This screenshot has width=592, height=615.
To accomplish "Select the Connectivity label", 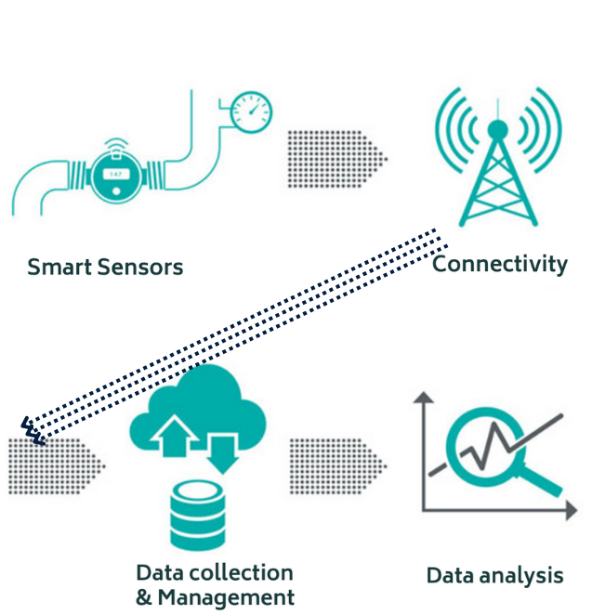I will pyautogui.click(x=499, y=265).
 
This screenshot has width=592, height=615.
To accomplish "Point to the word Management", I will pyautogui.click(x=237, y=597).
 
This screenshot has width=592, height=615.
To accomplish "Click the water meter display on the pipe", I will pyautogui.click(x=115, y=174).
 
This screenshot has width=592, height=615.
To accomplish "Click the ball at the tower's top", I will pyautogui.click(x=498, y=127).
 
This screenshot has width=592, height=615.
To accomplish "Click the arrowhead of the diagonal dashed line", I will pyautogui.click(x=31, y=429).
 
